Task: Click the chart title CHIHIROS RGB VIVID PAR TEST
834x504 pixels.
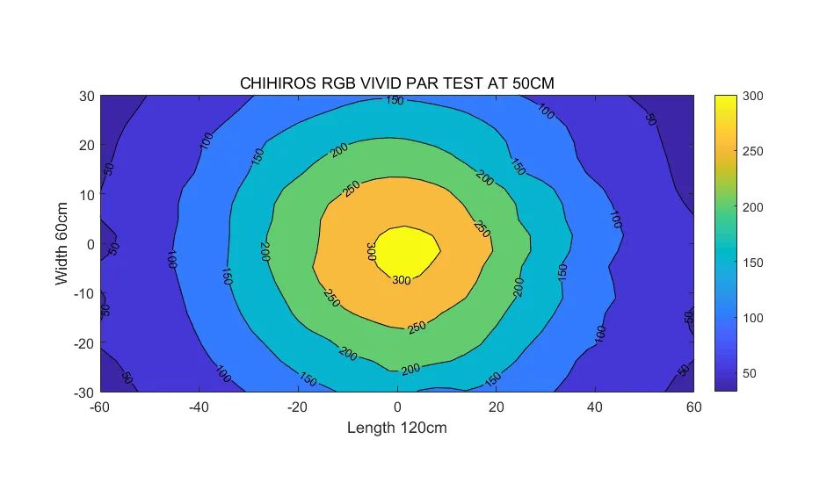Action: point(397,83)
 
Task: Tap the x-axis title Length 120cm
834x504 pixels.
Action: point(397,428)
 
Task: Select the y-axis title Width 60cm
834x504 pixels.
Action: point(62,244)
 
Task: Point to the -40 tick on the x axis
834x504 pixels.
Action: point(199,407)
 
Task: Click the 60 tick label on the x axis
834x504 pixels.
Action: point(694,407)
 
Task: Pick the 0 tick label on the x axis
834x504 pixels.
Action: point(397,407)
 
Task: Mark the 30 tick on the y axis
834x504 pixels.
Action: point(85,96)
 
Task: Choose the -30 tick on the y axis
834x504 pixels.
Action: point(83,392)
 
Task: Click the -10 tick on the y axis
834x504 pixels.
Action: point(83,293)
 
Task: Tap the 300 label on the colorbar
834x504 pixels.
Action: point(752,97)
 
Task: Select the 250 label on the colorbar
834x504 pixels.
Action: point(752,152)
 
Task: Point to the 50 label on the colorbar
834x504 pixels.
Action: point(750,373)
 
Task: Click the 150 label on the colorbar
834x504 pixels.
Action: point(752,263)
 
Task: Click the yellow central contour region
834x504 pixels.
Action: point(406,248)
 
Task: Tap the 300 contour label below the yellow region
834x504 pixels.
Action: point(401,281)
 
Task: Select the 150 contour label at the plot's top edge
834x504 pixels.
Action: point(395,101)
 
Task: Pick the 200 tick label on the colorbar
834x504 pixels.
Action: point(752,207)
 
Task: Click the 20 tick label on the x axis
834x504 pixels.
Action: point(497,407)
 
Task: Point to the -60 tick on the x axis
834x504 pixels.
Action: point(100,407)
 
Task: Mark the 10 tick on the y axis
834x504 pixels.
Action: point(85,194)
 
